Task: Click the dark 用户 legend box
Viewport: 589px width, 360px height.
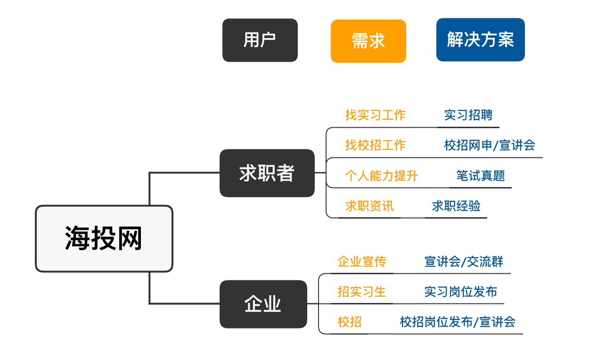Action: click(x=260, y=40)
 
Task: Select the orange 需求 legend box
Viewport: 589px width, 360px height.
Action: click(x=368, y=41)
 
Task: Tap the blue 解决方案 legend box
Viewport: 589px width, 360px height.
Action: click(x=480, y=40)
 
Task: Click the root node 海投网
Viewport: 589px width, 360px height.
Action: click(x=104, y=238)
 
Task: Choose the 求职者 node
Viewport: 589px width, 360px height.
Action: click(x=267, y=173)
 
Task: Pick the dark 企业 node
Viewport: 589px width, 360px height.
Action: click(x=263, y=304)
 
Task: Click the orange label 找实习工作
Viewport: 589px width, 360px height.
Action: click(x=375, y=115)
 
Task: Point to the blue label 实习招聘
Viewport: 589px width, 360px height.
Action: click(x=468, y=115)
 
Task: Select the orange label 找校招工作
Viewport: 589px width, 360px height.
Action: click(x=375, y=145)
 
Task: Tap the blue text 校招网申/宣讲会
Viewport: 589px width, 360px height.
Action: click(x=490, y=145)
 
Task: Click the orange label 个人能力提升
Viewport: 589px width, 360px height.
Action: click(x=381, y=176)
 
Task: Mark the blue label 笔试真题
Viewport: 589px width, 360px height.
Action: click(x=481, y=176)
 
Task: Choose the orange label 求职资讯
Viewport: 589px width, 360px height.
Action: click(x=369, y=206)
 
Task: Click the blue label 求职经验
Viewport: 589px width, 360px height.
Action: click(x=456, y=206)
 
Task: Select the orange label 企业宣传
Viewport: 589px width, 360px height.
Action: click(x=362, y=262)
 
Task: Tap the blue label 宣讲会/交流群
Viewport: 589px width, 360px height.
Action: click(x=464, y=262)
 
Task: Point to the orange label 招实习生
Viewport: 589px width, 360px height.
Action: click(x=362, y=292)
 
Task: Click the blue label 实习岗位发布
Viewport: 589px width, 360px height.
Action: click(x=460, y=292)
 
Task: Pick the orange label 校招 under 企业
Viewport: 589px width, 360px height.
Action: click(x=350, y=322)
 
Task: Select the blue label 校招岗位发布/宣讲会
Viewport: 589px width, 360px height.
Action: click(x=458, y=322)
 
